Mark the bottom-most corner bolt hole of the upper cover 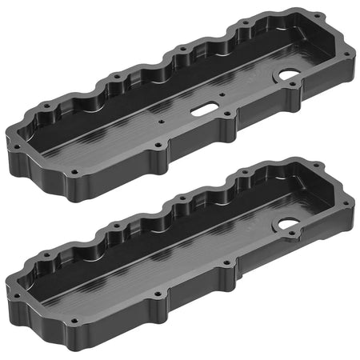pos(74,172)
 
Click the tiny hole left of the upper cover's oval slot pos(162,122)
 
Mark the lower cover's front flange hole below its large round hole pos(298,239)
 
